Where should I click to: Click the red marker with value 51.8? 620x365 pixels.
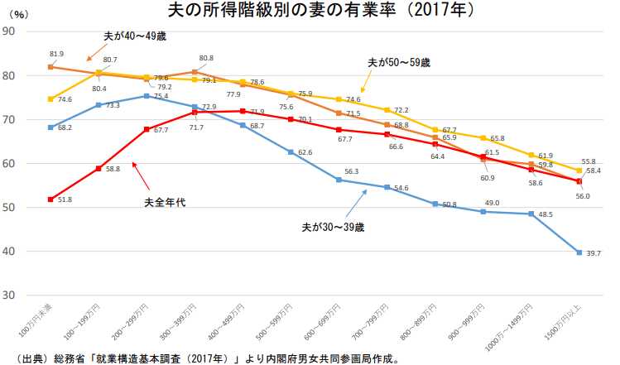[50, 199]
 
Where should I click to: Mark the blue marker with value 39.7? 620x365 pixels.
[579, 252]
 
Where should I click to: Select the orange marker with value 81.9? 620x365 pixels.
[50, 67]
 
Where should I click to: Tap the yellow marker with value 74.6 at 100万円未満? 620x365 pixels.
[50, 99]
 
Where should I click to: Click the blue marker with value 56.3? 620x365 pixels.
[339, 180]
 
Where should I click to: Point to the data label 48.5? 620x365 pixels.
[547, 214]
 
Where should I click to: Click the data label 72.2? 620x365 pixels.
[401, 110]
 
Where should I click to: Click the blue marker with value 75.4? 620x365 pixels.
[147, 96]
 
